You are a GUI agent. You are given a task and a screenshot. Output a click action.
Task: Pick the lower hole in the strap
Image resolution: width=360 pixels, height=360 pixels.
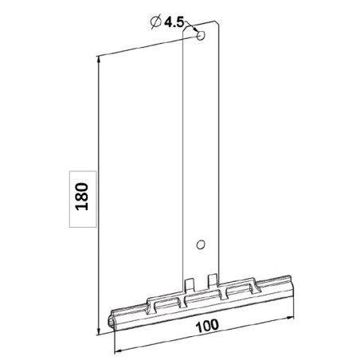point(200,245)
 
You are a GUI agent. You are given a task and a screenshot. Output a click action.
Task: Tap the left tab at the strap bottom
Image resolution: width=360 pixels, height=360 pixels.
point(189,283)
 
